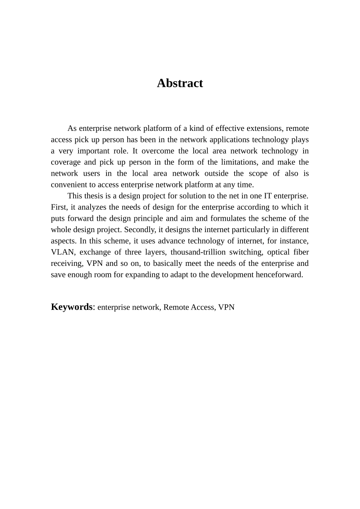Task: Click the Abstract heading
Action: (180, 83)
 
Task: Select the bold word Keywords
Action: (72, 307)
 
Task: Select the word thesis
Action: (95, 196)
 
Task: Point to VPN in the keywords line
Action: (226, 307)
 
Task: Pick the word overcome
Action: (155, 151)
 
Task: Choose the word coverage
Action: (66, 162)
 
